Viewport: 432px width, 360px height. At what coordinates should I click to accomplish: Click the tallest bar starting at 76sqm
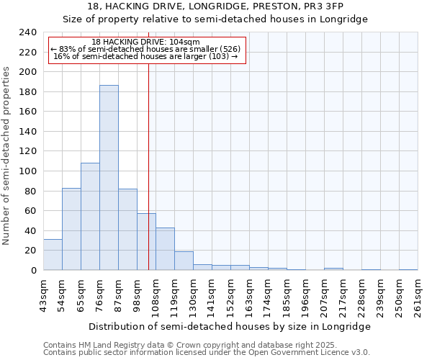[x=109, y=178]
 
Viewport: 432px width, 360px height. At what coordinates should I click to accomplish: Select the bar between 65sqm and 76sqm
[x=90, y=217]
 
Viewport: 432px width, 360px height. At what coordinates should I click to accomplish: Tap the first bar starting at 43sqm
[x=53, y=255]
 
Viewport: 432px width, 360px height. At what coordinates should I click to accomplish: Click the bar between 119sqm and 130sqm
[x=184, y=261]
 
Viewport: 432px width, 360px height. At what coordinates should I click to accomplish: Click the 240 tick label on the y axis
[x=27, y=32]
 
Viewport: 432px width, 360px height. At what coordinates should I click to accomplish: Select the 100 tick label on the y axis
[x=27, y=171]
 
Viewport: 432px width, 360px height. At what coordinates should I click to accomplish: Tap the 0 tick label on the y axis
[x=33, y=271]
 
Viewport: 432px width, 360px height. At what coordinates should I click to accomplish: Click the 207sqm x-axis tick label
[x=325, y=296]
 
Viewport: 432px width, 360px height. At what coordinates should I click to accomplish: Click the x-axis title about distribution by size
[x=230, y=326]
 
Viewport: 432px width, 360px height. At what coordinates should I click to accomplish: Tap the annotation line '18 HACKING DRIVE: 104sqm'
[x=146, y=42]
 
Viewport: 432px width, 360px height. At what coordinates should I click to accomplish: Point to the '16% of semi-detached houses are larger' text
[x=146, y=56]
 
